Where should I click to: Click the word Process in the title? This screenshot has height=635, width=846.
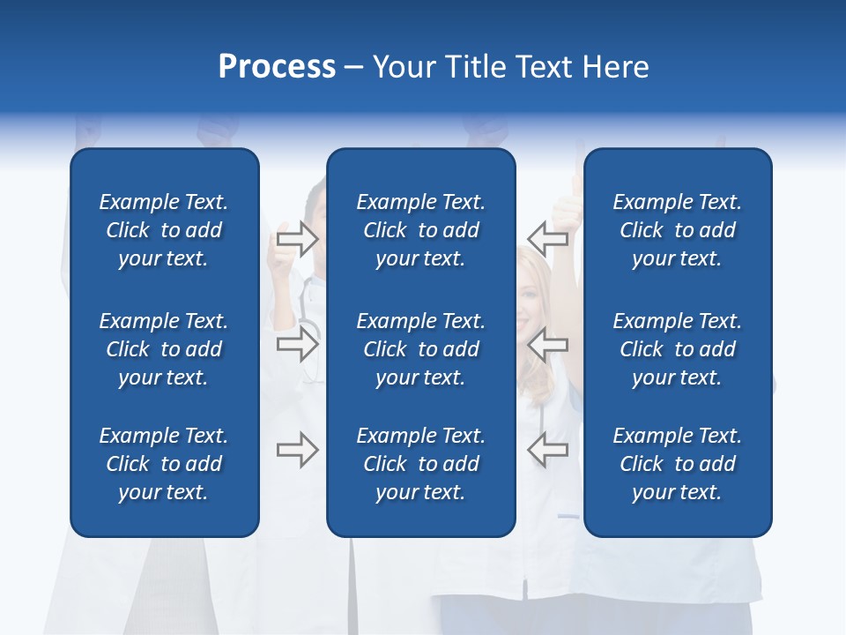pos(277,67)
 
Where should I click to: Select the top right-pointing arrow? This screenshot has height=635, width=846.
pos(298,238)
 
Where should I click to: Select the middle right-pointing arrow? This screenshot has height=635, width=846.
pos(298,344)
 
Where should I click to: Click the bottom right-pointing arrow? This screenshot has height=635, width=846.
pos(298,450)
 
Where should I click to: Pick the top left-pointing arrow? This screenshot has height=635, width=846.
pos(547,238)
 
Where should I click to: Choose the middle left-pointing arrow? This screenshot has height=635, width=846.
pos(547,344)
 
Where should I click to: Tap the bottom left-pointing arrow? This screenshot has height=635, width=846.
pos(547,450)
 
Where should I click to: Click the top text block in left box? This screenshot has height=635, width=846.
pos(164,230)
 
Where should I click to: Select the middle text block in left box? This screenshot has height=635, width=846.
pos(164,349)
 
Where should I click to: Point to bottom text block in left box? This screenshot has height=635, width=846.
pos(164,464)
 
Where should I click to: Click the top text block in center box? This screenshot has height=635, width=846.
pos(420,230)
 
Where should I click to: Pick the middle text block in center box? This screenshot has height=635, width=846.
pos(420,349)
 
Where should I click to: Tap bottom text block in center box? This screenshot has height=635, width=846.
pos(420,464)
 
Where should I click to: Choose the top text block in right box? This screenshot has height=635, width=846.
pos(678,230)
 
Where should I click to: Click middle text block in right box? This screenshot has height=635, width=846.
pos(678,349)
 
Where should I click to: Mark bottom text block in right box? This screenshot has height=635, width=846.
pos(678,464)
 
